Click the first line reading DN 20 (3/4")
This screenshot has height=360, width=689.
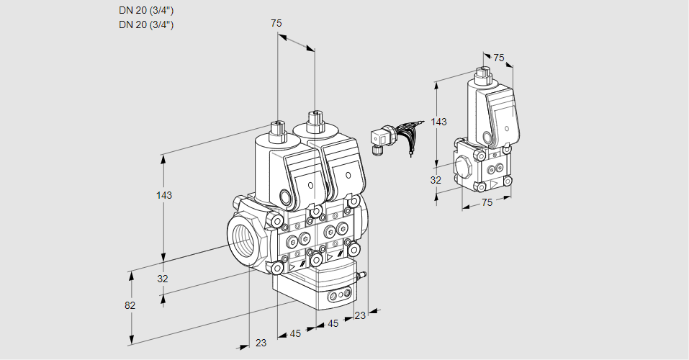point(146,10)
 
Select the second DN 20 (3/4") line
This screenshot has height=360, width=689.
point(146,24)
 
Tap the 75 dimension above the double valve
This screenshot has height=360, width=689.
point(276,24)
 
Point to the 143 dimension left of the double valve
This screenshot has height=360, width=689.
point(164,195)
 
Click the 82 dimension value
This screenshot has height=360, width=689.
point(130,305)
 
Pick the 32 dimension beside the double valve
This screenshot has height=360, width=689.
point(163,279)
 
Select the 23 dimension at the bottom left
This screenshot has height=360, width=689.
point(261,343)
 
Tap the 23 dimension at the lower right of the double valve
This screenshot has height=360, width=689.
point(360,315)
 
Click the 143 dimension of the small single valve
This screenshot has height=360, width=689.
point(438,122)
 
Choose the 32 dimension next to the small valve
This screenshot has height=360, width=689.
point(436,180)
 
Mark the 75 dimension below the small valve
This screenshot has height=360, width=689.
point(487,203)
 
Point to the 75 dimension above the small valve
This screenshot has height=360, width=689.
point(499,58)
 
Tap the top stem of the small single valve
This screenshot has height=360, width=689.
point(482,73)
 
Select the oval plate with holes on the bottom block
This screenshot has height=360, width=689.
point(338,295)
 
